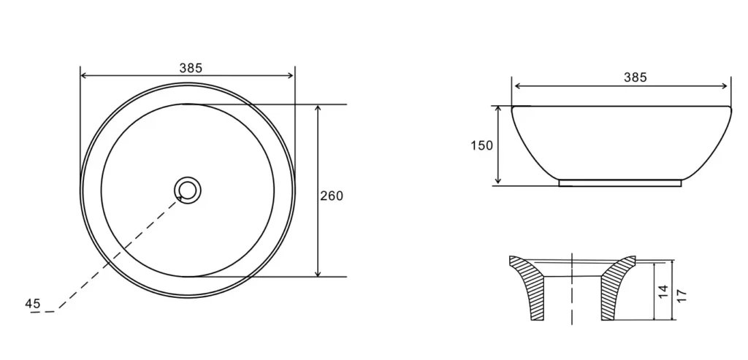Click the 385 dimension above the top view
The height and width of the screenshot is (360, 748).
[x=191, y=68]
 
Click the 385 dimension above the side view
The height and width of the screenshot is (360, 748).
[x=636, y=77]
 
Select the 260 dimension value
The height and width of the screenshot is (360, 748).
[x=332, y=196]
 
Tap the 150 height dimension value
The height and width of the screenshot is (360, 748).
[x=482, y=145]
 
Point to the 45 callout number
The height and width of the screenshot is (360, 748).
[x=33, y=304]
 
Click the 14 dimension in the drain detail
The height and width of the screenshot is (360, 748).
[x=663, y=292]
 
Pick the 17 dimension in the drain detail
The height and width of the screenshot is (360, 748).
[x=682, y=296]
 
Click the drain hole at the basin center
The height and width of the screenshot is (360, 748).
[x=188, y=191]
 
